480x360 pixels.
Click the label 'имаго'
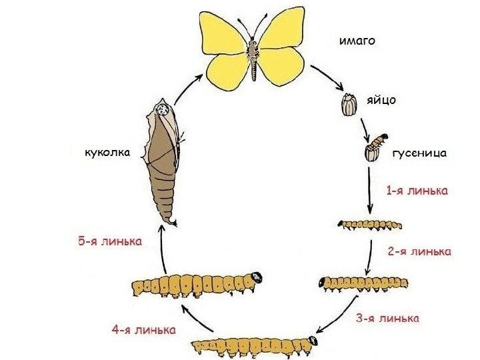point(357,41)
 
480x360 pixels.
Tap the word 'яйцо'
point(381,101)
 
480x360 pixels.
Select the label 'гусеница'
point(418,154)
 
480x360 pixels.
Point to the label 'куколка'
point(107,153)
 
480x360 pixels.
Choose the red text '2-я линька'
point(419,252)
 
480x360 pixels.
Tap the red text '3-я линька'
point(387,318)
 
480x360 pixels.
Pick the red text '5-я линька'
point(109,241)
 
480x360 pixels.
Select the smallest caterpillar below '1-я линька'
point(370,224)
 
